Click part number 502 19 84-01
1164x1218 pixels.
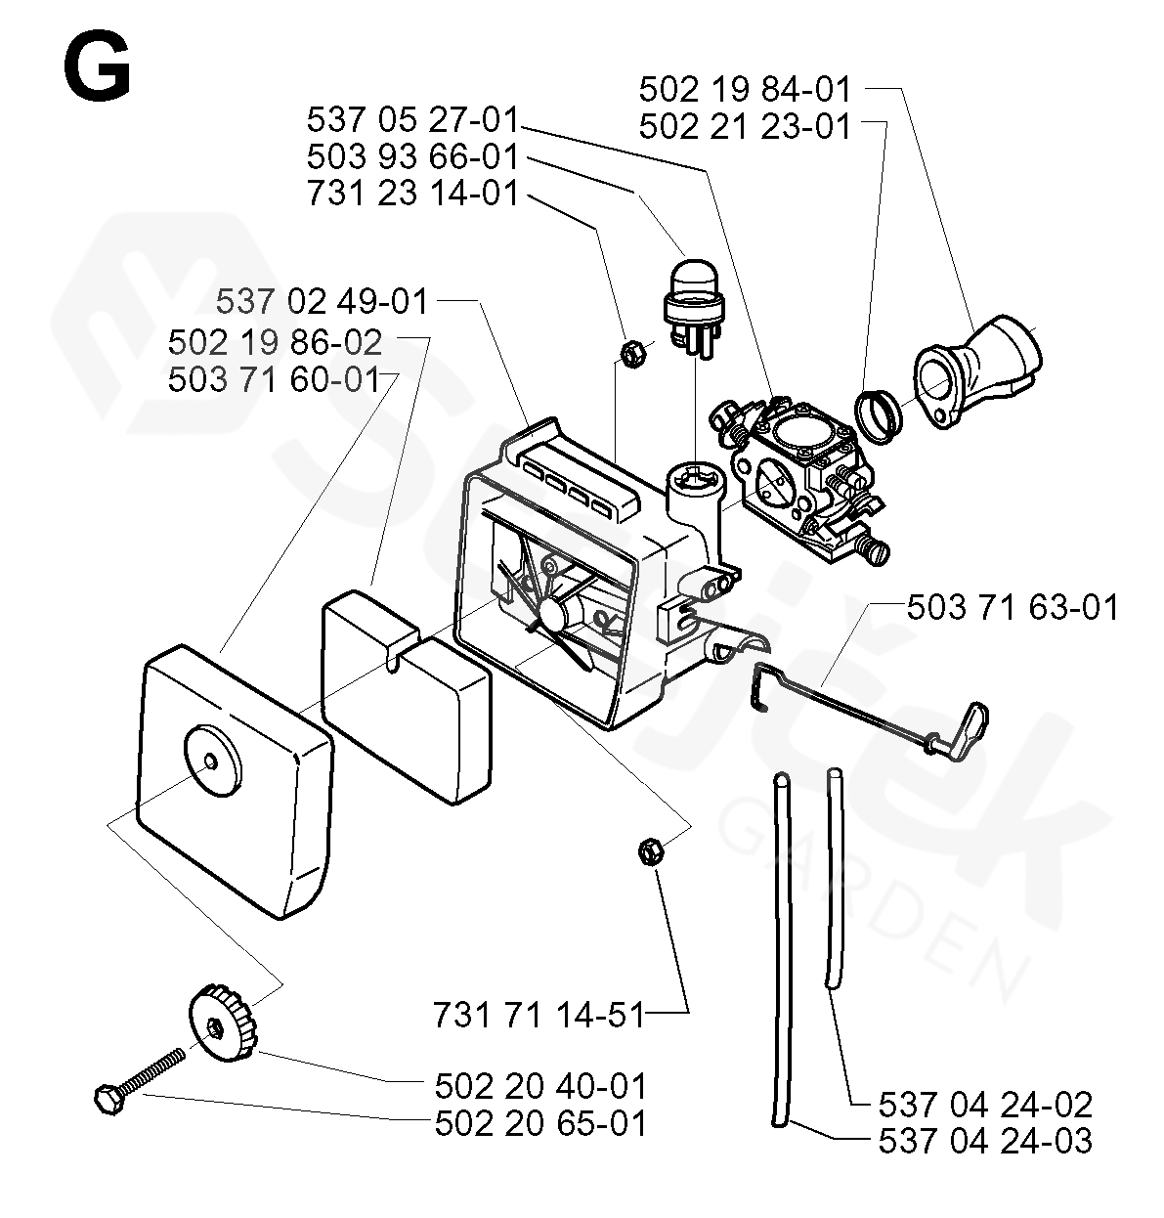745,90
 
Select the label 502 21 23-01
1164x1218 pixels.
745,127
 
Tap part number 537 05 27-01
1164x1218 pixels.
411,121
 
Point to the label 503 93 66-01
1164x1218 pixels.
411,157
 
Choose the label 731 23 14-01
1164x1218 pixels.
411,194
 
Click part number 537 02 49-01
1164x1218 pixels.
322,302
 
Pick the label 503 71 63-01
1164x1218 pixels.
1013,607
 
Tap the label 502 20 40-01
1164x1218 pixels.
540,1086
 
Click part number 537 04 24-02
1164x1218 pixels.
985,1105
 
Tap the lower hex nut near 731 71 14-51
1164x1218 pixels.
648,851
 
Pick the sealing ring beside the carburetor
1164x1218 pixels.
879,413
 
